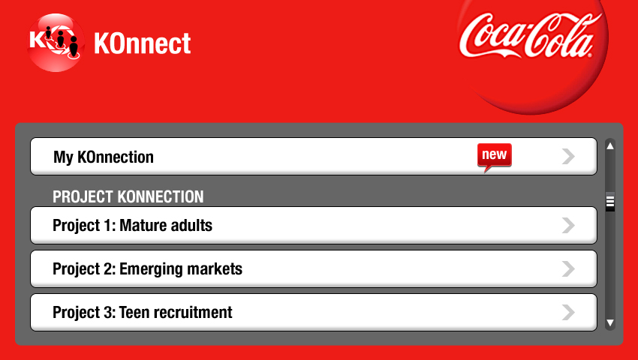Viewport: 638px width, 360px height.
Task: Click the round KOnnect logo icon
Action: tap(56, 43)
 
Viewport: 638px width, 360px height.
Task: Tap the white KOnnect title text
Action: tap(143, 43)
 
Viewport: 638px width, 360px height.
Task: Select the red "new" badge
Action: tap(495, 157)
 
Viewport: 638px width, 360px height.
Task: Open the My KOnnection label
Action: tap(104, 157)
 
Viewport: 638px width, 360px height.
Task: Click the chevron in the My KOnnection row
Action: tap(568, 156)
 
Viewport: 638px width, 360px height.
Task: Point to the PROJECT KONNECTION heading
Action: tap(128, 197)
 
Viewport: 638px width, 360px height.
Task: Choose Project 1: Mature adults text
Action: tap(133, 225)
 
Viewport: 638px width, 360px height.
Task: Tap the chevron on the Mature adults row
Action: tap(568, 225)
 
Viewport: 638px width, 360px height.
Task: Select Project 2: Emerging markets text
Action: tap(148, 269)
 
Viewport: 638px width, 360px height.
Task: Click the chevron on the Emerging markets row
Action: tap(568, 269)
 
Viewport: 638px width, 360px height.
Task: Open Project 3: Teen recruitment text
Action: tap(143, 313)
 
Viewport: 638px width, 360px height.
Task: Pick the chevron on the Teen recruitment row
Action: tap(568, 313)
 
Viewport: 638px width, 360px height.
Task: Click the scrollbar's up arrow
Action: tap(610, 146)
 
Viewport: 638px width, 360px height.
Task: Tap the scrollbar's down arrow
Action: tap(610, 323)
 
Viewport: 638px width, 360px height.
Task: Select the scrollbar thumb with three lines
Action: tap(610, 201)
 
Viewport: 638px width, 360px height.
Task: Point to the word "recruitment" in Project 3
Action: tap(194, 313)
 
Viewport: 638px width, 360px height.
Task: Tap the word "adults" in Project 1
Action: tap(190, 225)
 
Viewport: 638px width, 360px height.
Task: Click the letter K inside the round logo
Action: tap(37, 40)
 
